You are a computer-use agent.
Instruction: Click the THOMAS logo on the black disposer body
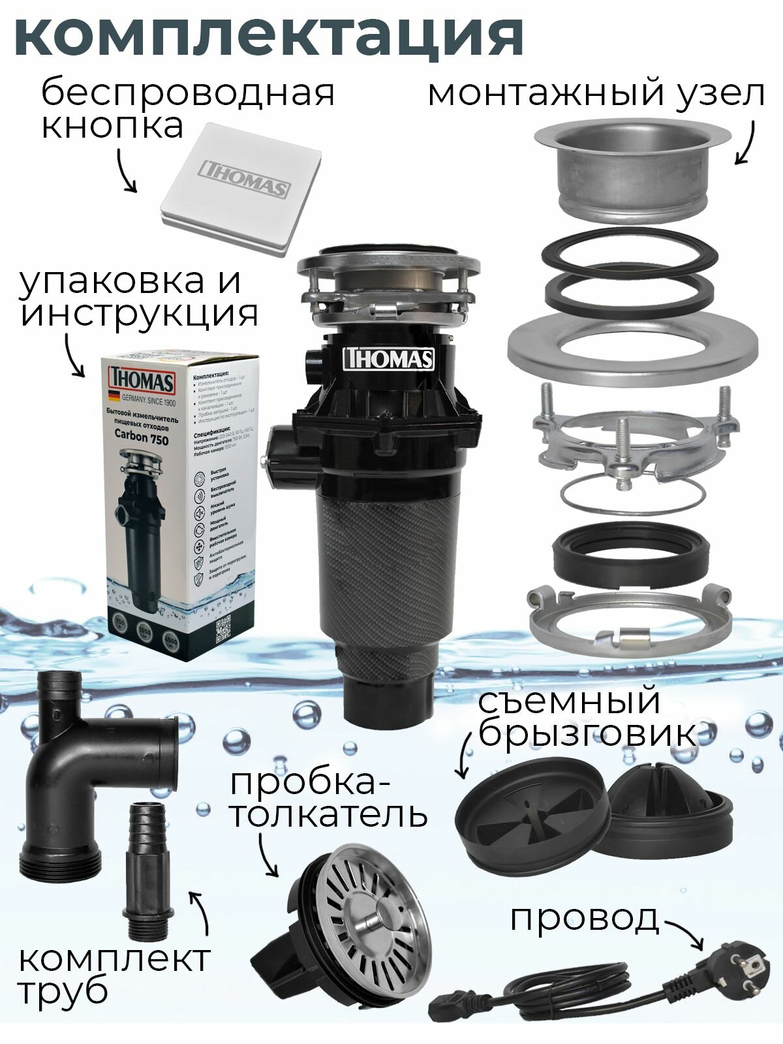(389, 359)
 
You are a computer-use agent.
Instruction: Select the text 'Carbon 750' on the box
(141, 439)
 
